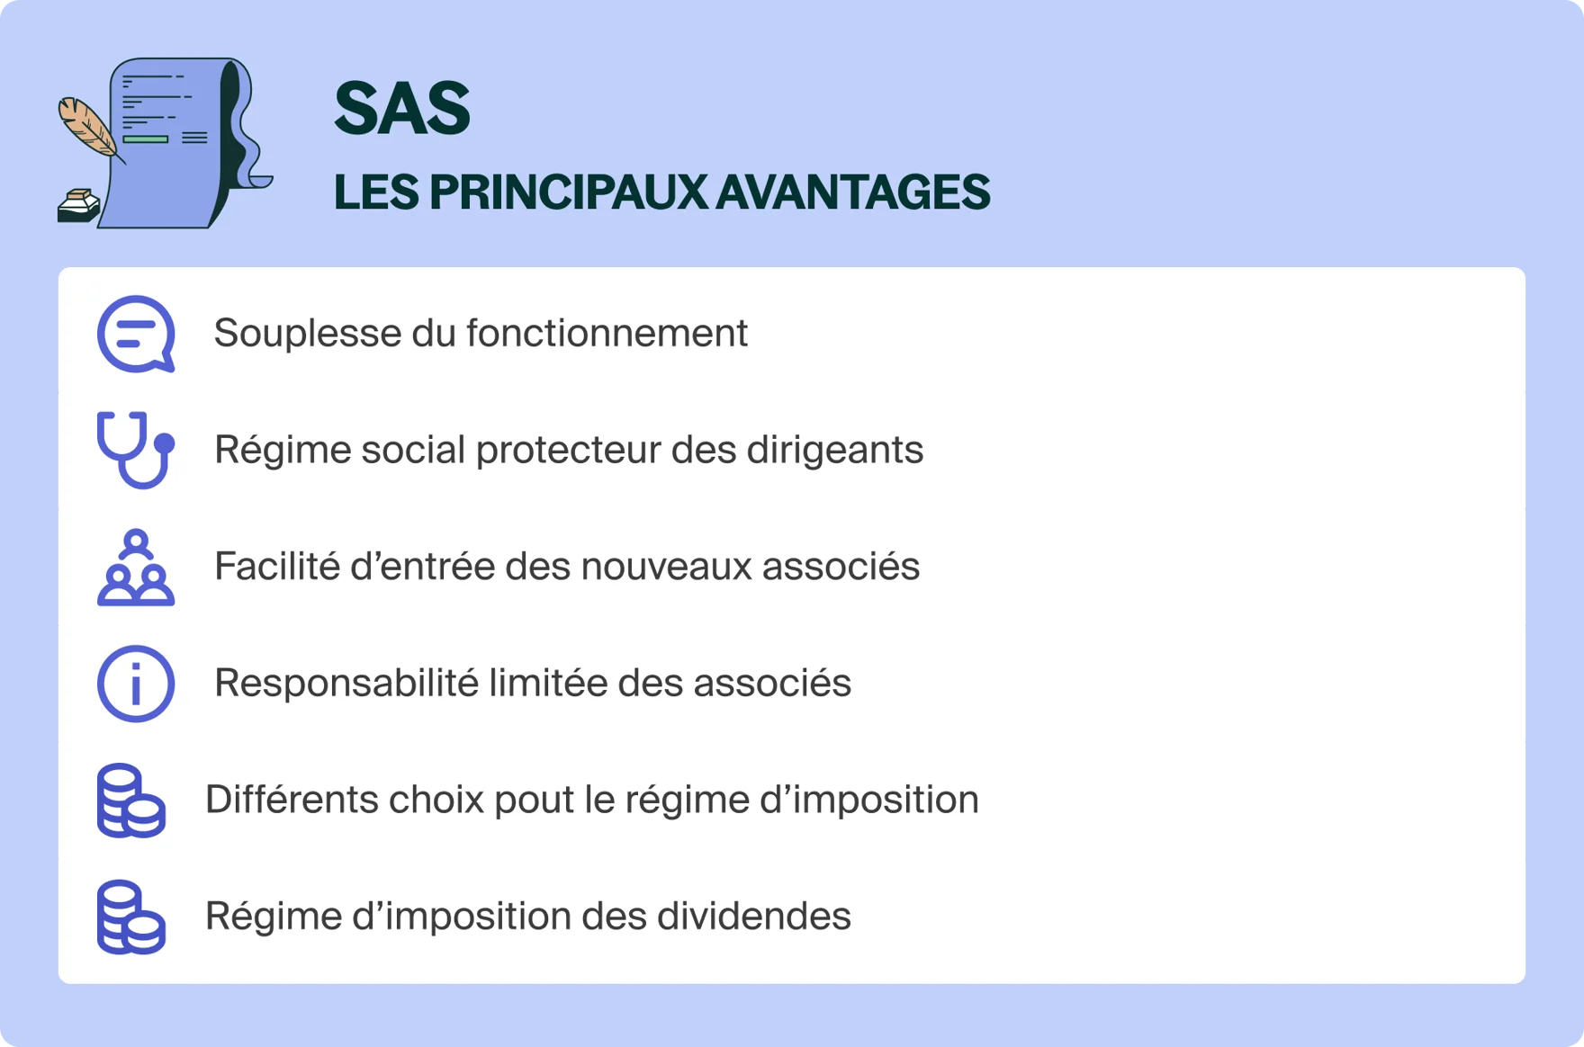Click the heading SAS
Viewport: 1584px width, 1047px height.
click(401, 109)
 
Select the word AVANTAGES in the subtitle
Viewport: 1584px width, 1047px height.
click(852, 192)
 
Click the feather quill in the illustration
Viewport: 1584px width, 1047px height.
click(87, 129)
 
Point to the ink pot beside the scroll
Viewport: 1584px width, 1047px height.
click(78, 206)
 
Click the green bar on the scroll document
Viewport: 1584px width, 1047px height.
click(145, 139)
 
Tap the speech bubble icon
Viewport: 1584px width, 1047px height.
click(136, 334)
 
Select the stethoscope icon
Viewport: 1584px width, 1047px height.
click(135, 449)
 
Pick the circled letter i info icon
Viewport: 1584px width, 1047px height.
click(136, 684)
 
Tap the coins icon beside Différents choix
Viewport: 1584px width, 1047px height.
click(131, 801)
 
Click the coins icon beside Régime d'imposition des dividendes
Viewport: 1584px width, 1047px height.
click(131, 917)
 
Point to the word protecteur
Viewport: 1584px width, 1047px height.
click(568, 451)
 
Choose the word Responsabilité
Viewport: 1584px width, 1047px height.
click(346, 684)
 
